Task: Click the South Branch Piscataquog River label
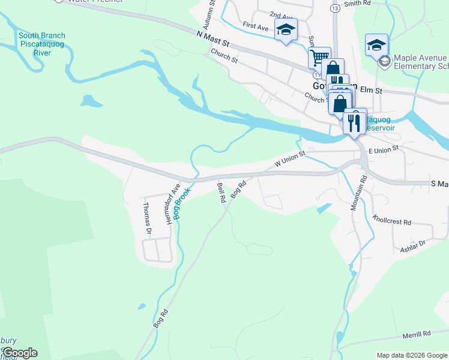41,44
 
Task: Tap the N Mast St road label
213,40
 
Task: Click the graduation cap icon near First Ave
286,29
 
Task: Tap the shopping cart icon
319,58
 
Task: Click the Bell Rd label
221,193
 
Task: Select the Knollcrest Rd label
391,221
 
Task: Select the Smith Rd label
358,4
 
